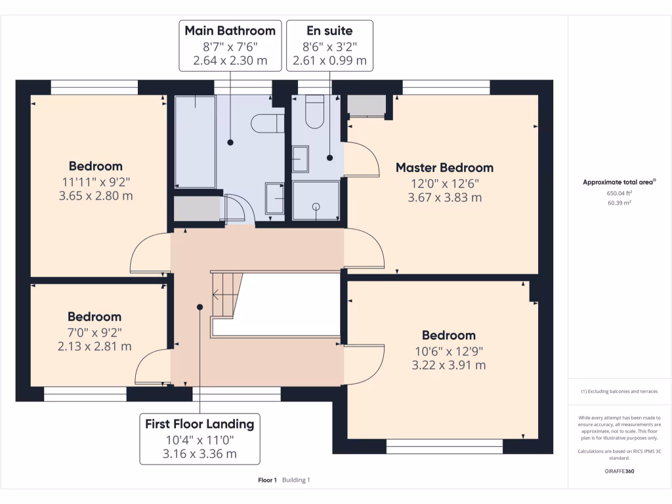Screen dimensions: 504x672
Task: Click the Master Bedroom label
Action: click(x=444, y=167)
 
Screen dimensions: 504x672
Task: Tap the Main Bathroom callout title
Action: click(x=230, y=30)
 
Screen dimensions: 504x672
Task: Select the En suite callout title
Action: click(x=329, y=30)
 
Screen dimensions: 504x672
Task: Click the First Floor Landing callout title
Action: click(x=199, y=424)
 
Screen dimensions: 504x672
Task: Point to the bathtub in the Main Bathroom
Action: click(x=194, y=141)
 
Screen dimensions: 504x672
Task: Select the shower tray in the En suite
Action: click(x=316, y=200)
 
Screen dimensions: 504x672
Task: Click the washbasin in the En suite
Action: click(x=301, y=158)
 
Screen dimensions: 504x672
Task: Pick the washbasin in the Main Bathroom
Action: click(x=274, y=198)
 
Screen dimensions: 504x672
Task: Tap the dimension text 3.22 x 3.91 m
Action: click(x=449, y=365)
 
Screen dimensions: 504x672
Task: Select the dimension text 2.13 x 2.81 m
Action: click(x=94, y=346)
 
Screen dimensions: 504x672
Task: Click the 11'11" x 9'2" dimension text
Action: click(x=97, y=181)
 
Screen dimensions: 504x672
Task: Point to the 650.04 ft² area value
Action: click(x=619, y=194)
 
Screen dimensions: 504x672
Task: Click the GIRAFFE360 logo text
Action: click(x=620, y=471)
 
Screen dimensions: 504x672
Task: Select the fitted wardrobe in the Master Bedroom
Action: click(x=366, y=105)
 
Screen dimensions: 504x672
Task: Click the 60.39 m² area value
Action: click(x=619, y=203)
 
